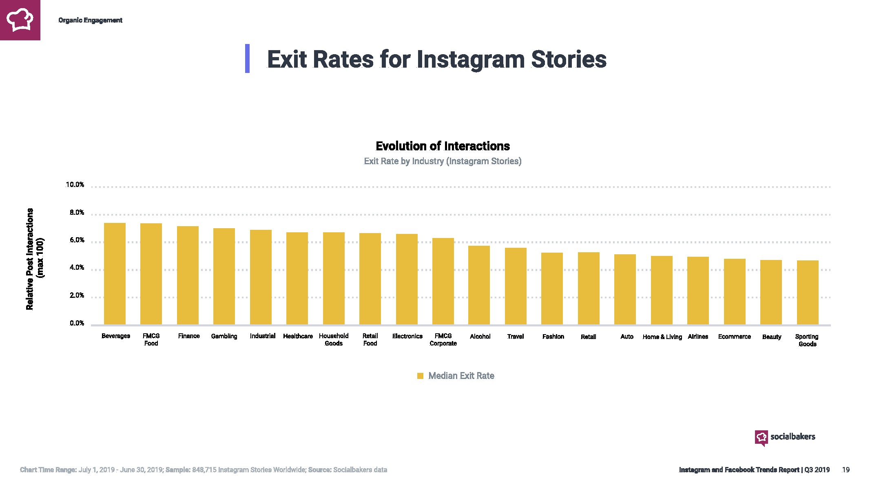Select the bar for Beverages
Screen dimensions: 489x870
(115, 274)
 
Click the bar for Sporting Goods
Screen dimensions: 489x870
(807, 293)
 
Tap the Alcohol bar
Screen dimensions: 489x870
(479, 285)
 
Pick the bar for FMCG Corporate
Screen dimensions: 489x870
(443, 281)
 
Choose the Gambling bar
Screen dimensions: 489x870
(224, 276)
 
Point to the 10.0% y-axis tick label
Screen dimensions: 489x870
(75, 185)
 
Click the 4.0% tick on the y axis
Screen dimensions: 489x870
(77, 268)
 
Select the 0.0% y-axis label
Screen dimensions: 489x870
(77, 324)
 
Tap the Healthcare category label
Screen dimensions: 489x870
(298, 336)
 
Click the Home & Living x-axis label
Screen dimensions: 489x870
(662, 337)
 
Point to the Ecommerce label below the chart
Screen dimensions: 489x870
(734, 337)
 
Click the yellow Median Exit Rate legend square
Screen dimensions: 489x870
(420, 376)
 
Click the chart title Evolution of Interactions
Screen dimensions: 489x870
(443, 146)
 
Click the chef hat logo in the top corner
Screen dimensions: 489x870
(20, 20)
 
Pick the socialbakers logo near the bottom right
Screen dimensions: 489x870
(784, 437)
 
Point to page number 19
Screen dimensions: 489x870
(846, 470)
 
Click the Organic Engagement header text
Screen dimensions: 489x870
(90, 20)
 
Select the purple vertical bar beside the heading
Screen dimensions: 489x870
(247, 59)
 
